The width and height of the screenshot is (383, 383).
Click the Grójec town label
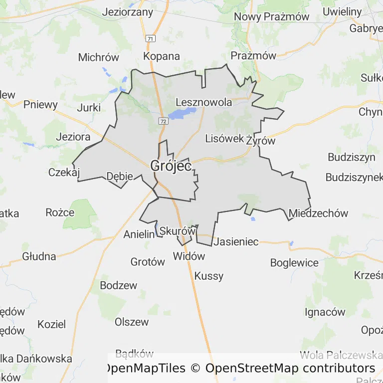tap(171, 166)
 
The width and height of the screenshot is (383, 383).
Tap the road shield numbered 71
tap(151, 38)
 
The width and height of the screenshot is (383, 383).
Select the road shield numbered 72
tap(163, 121)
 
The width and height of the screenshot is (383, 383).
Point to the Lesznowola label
tap(204, 102)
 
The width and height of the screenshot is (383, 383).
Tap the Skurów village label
tap(177, 231)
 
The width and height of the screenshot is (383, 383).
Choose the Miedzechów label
tap(318, 213)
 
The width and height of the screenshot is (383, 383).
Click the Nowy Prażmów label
tap(271, 16)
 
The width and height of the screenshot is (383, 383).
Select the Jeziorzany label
tap(127, 12)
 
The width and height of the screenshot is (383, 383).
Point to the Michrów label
tap(99, 57)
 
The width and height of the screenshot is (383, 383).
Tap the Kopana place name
tap(162, 56)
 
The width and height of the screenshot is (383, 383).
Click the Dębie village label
tap(120, 176)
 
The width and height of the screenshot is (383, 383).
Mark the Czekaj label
tap(64, 173)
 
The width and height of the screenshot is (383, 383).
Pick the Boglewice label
tap(294, 262)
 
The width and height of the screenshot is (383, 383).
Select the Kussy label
tap(209, 276)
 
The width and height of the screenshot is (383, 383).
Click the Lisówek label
tap(224, 139)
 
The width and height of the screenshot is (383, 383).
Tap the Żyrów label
tap(260, 141)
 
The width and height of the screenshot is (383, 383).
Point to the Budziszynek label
tap(354, 177)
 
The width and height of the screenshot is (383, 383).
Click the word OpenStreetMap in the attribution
tap(251, 369)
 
